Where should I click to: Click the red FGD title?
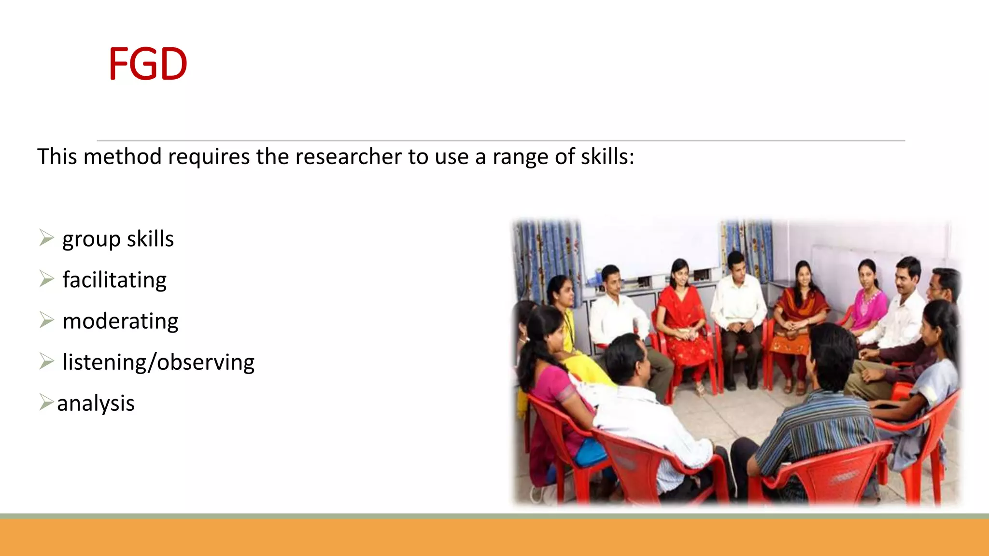(148, 64)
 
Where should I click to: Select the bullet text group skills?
(118, 239)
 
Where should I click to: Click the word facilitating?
(114, 280)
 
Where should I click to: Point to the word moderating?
(120, 321)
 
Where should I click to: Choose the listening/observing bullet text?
(158, 362)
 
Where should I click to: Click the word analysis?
(96, 403)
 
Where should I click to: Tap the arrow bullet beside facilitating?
(46, 279)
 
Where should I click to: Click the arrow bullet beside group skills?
(46, 238)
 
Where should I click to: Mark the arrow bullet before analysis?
(46, 402)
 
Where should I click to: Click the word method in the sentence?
(122, 157)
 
